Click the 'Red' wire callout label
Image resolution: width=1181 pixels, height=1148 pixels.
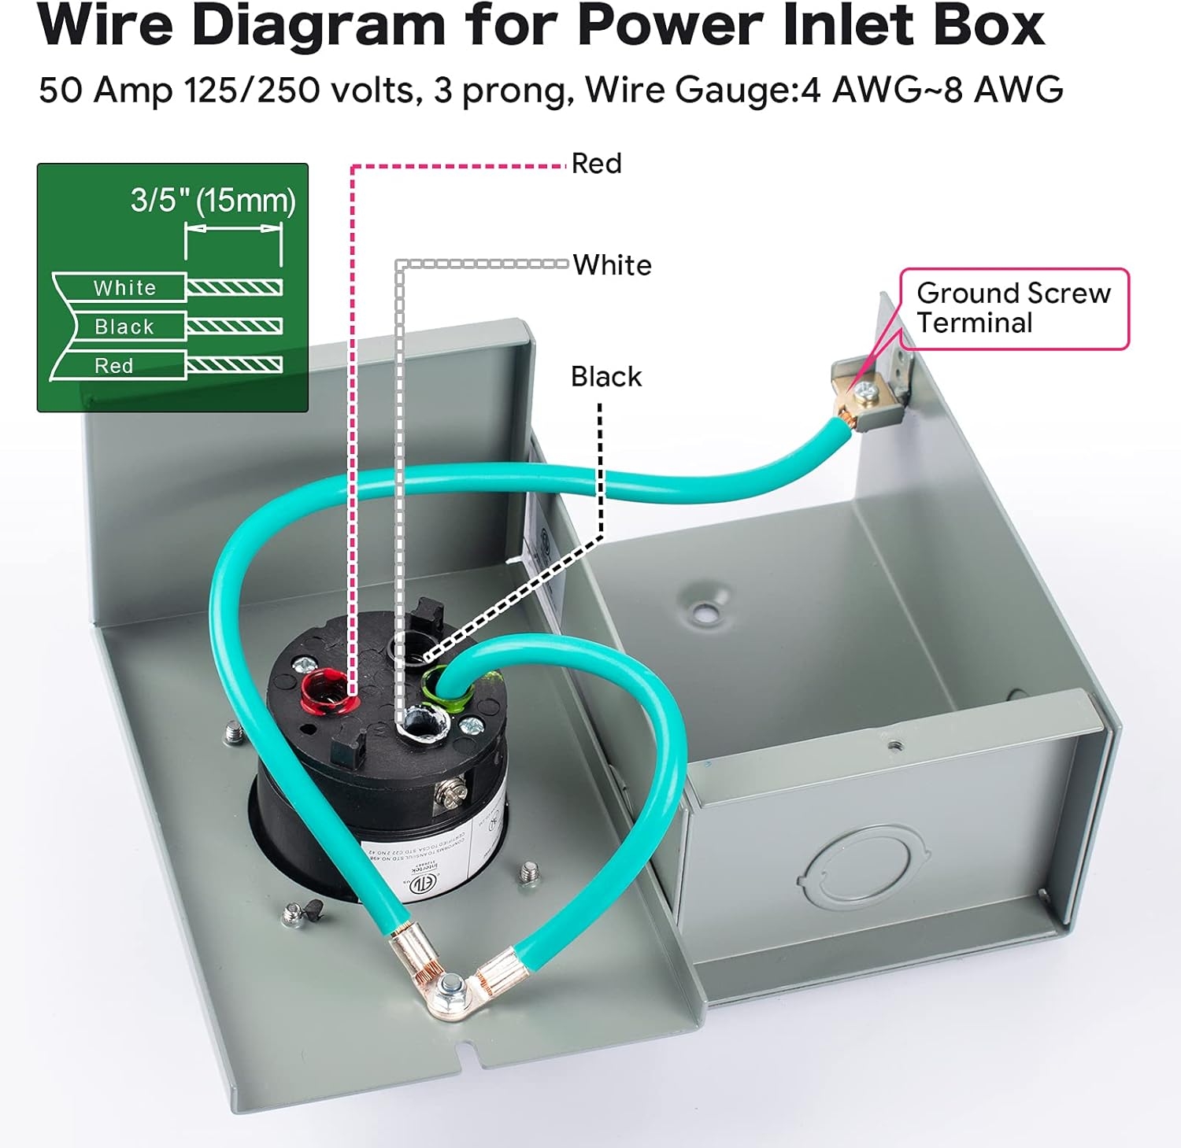pos(596,164)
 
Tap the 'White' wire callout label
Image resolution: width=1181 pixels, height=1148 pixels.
pos(612,265)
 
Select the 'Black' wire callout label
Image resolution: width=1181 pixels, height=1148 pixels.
pos(605,377)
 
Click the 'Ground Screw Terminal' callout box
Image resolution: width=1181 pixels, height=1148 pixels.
pos(1013,308)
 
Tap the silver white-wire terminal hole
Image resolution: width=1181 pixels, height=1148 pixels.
pos(421,722)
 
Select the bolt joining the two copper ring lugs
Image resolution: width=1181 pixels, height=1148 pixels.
pos(450,983)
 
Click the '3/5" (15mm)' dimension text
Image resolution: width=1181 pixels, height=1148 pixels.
pos(213,201)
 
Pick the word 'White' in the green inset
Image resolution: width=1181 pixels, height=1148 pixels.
pos(124,288)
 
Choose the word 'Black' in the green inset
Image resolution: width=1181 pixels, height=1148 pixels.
pos(124,327)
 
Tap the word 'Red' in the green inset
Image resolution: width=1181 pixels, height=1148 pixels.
pos(114,366)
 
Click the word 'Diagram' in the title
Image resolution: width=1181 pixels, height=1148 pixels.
pos(319,25)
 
